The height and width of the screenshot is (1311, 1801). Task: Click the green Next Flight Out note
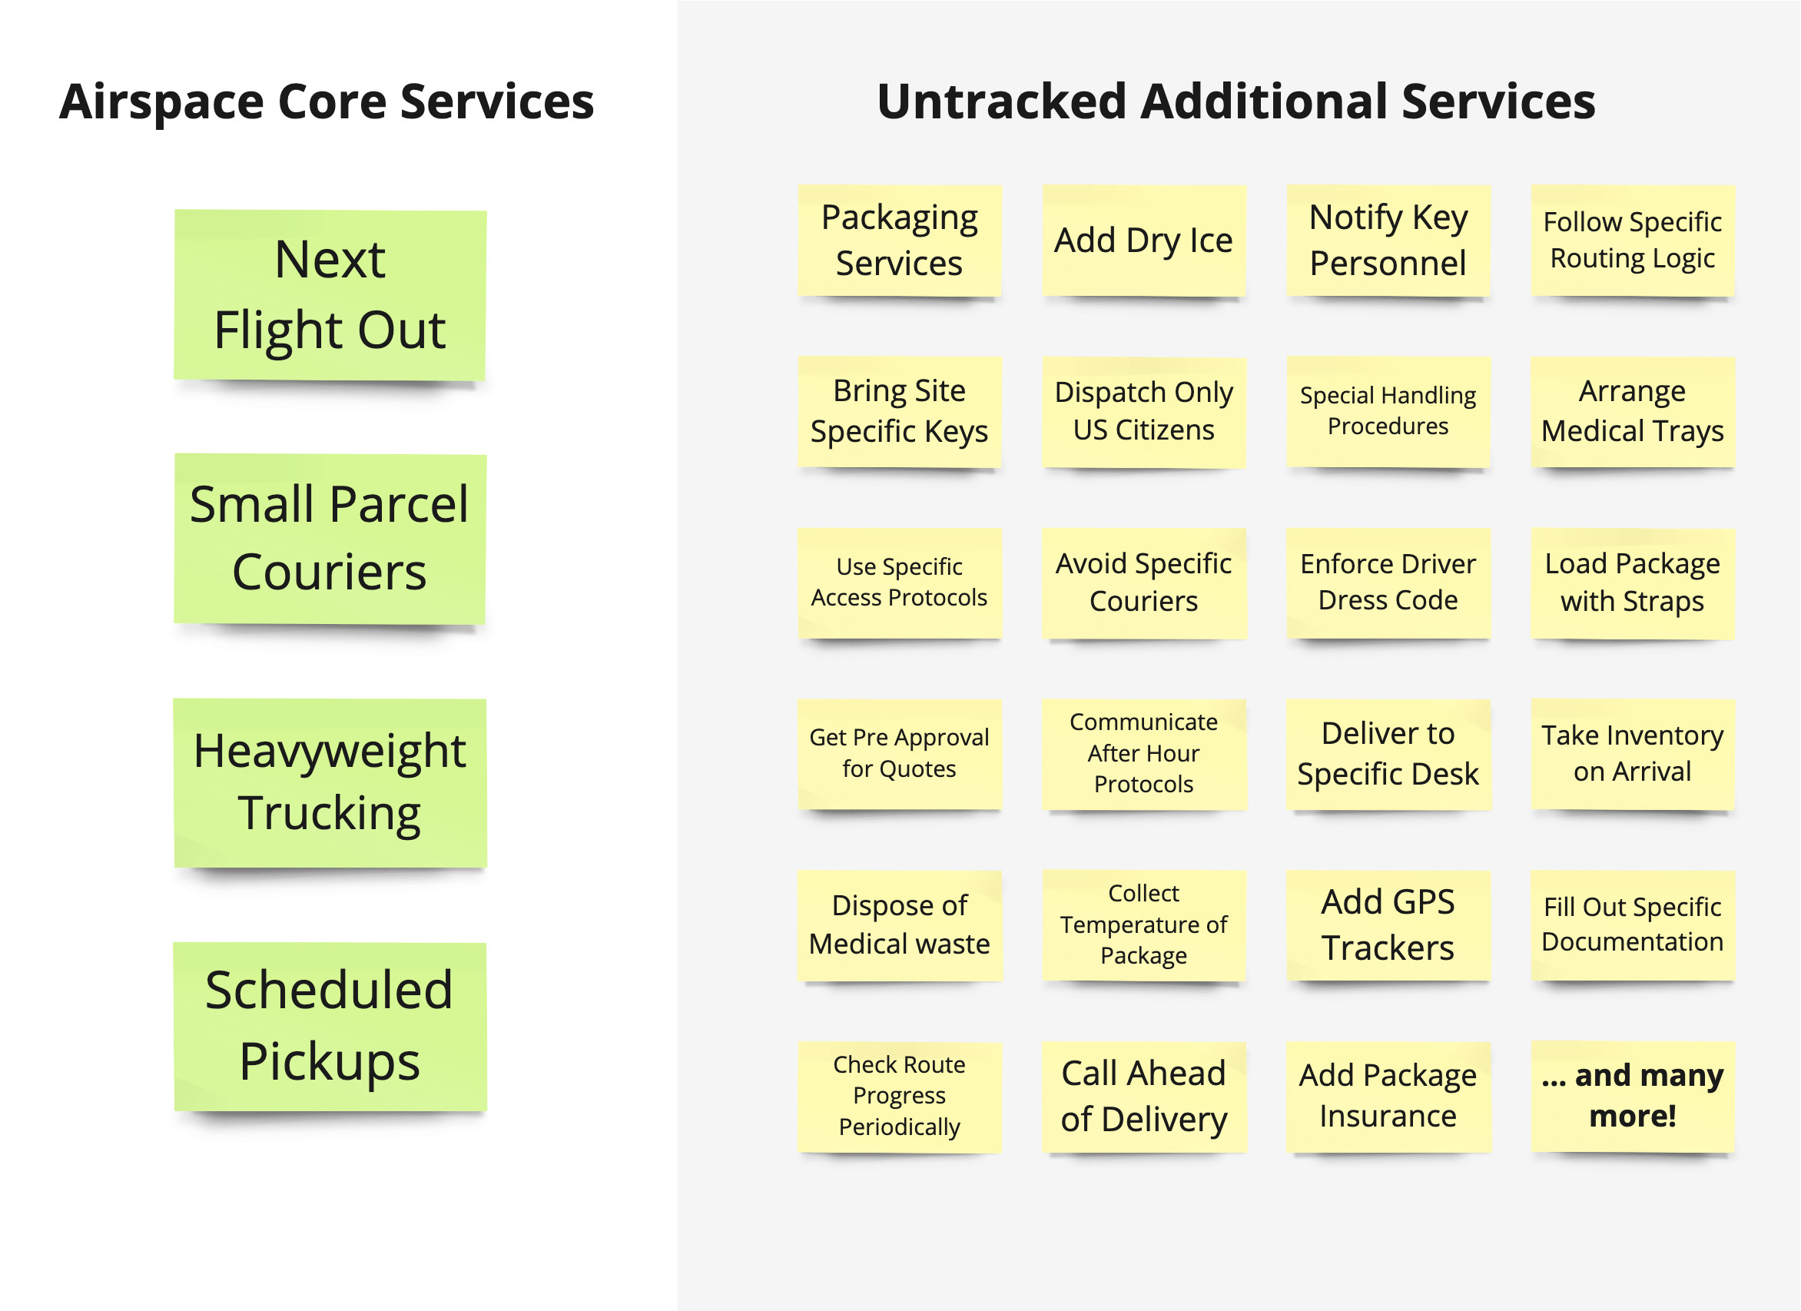pyautogui.click(x=330, y=294)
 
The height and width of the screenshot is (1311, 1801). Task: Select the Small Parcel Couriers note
pyautogui.click(x=330, y=539)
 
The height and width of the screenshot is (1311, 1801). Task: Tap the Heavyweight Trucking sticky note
pyautogui.click(x=330, y=783)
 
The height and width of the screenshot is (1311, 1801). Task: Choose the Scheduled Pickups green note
pyautogui.click(x=330, y=1026)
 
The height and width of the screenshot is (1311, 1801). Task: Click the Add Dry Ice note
pyautogui.click(x=1143, y=241)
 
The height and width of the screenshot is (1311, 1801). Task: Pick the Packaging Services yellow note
pyautogui.click(x=900, y=241)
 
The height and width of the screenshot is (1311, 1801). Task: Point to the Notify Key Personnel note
pyautogui.click(x=1388, y=241)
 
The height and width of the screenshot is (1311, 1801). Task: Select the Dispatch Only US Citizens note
pyautogui.click(x=1143, y=412)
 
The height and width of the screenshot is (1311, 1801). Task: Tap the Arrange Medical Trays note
pyautogui.click(x=1633, y=412)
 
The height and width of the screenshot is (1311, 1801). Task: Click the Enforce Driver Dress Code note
pyautogui.click(x=1388, y=583)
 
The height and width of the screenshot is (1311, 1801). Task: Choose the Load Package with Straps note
pyautogui.click(x=1633, y=583)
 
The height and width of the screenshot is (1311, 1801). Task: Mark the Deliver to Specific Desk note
pyautogui.click(x=1388, y=755)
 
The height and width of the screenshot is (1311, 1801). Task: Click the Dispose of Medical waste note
pyautogui.click(x=900, y=926)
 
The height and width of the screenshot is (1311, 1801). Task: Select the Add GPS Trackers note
pyautogui.click(x=1388, y=926)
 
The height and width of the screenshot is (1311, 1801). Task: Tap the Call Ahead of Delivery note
pyautogui.click(x=1143, y=1097)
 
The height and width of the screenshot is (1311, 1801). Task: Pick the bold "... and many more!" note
pyautogui.click(x=1633, y=1097)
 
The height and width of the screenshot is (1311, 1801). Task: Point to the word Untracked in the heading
pyautogui.click(x=1001, y=101)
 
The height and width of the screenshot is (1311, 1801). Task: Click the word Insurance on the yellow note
pyautogui.click(x=1388, y=1117)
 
